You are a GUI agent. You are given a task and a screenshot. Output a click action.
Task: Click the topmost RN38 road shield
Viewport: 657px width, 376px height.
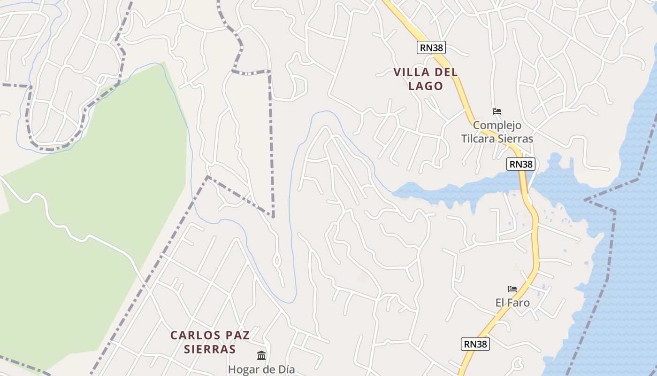pyautogui.click(x=431, y=47)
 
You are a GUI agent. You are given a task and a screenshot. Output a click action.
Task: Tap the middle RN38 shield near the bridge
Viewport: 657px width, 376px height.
pyautogui.click(x=521, y=164)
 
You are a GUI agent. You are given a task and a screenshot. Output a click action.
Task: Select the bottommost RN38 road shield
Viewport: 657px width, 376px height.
pyautogui.click(x=475, y=344)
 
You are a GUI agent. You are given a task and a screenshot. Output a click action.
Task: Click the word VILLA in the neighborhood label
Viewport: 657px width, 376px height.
pyautogui.click(x=412, y=72)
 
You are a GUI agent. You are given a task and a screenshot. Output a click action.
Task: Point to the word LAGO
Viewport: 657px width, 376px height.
pyautogui.click(x=425, y=86)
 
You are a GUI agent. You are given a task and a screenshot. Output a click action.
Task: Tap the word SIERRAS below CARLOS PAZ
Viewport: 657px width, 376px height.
pyautogui.click(x=209, y=349)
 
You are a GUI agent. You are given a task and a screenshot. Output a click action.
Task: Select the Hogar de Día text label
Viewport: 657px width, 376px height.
pyautogui.click(x=261, y=369)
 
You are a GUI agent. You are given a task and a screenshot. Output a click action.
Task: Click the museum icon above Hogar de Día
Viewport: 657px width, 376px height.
pyautogui.click(x=261, y=355)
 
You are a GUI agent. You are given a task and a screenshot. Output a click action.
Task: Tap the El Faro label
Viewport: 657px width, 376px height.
pyautogui.click(x=512, y=303)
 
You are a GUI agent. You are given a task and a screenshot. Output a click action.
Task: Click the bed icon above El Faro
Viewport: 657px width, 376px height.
pyautogui.click(x=512, y=289)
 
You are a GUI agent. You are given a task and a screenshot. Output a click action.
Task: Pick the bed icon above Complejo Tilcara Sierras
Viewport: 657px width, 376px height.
pyautogui.click(x=497, y=111)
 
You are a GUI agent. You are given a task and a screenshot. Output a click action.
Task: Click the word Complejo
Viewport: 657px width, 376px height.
pyautogui.click(x=497, y=125)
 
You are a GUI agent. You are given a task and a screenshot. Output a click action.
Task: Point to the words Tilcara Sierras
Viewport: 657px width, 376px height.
pyautogui.click(x=497, y=139)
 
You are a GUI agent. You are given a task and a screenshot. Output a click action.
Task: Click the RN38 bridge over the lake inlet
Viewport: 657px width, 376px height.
pyautogui.click(x=524, y=186)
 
